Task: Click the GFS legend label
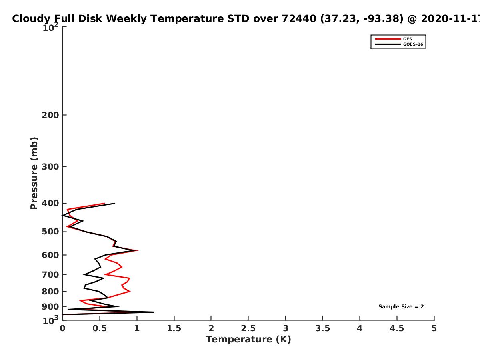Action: (407, 39)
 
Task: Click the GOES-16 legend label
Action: (413, 44)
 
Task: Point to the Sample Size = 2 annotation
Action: (401, 307)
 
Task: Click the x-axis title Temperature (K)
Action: (248, 340)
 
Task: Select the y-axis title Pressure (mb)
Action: (34, 173)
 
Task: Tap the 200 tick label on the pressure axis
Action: (50, 115)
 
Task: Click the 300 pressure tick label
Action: (50, 167)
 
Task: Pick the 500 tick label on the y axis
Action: (50, 232)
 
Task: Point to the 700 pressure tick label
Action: (50, 274)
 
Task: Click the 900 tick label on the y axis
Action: (50, 307)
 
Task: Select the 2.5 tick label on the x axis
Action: (248, 328)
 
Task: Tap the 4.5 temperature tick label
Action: (397, 328)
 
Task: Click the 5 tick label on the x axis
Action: (434, 328)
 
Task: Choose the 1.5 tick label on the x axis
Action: (174, 328)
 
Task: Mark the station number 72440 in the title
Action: (299, 19)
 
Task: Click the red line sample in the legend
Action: (388, 39)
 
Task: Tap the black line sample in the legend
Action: (388, 44)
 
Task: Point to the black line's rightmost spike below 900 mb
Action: (154, 312)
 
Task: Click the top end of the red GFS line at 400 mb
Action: (104, 204)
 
